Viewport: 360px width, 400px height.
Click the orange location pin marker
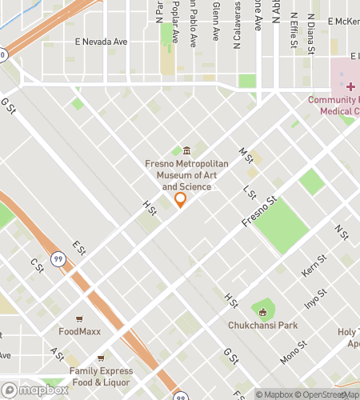point(180,199)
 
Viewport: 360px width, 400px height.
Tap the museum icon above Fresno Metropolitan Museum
point(186,150)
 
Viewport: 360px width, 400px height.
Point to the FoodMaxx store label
point(79,331)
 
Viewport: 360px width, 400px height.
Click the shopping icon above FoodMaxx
point(79,318)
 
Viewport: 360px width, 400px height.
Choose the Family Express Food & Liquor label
point(100,375)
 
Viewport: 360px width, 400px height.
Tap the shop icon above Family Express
point(100,358)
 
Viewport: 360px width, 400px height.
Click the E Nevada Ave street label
point(101,42)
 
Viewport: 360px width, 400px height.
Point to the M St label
point(246,150)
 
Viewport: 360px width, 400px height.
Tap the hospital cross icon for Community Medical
point(350,86)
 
